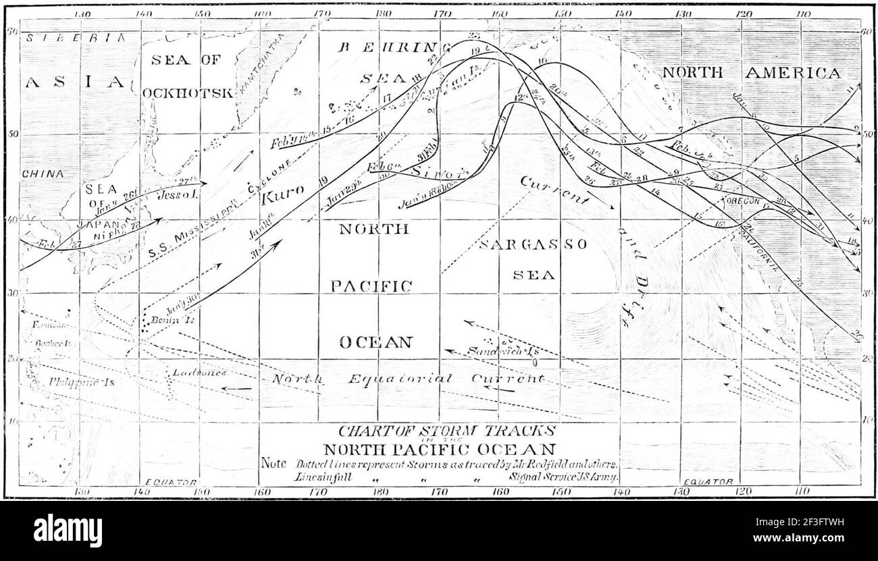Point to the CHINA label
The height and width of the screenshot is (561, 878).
(43, 173)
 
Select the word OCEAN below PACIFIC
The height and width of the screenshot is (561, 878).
(375, 342)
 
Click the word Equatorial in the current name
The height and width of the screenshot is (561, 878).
(399, 379)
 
